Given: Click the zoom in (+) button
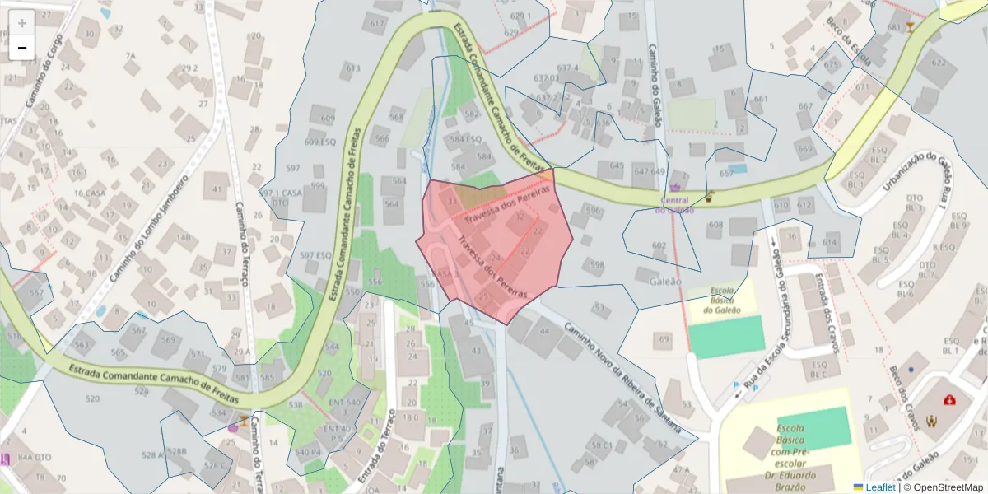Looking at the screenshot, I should point(22,22).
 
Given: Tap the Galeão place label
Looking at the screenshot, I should point(666,281).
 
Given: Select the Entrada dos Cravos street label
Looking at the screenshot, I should point(826,312).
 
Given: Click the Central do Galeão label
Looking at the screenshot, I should point(674,204).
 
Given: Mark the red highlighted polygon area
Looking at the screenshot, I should point(494,247).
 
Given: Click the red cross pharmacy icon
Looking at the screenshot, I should point(950,399).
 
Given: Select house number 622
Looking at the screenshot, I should point(939,63).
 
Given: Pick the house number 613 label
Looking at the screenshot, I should point(353,68).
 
